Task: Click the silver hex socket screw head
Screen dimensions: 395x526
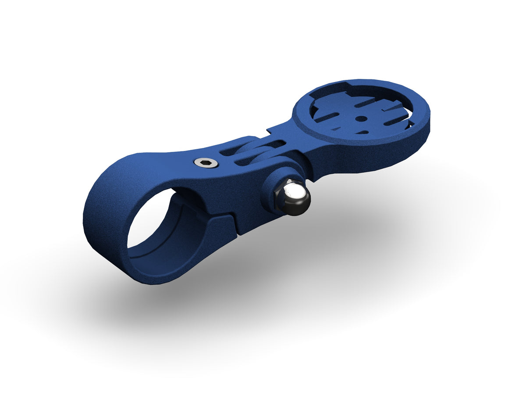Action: point(206,163)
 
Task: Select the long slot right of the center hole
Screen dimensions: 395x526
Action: point(390,115)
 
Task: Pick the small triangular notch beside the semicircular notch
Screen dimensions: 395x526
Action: point(338,128)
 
